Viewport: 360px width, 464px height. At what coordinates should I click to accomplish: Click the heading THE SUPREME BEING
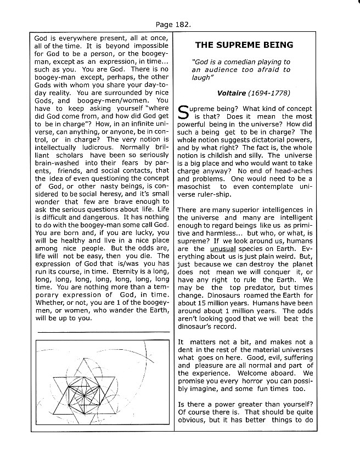coord(244,44)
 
